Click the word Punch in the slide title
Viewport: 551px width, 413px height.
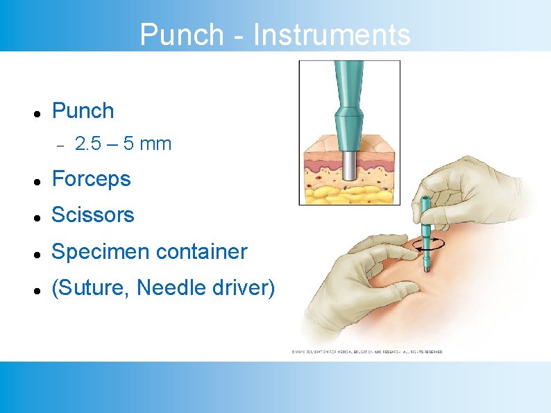[x=182, y=34]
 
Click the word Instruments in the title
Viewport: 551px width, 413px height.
[x=332, y=34]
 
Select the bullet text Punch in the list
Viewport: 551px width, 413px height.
[x=83, y=110]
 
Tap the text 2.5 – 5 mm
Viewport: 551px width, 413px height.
[x=123, y=144]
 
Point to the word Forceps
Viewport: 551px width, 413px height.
[x=91, y=179]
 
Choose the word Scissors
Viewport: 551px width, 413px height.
[x=93, y=215]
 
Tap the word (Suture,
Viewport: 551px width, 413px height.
[x=92, y=287]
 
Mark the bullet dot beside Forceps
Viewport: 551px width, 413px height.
[x=35, y=180]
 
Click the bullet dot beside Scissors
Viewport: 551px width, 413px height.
[x=35, y=217]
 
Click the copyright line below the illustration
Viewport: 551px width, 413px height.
[x=366, y=352]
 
